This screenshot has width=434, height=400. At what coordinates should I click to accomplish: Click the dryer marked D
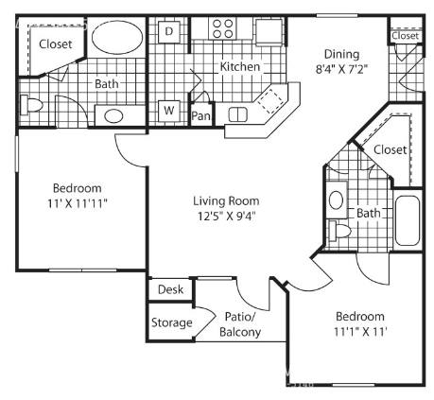[x=169, y=31]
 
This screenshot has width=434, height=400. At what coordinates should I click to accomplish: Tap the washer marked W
[x=169, y=111]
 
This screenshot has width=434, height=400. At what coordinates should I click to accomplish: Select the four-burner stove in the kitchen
[x=222, y=28]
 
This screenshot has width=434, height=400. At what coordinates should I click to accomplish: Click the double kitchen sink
[x=238, y=114]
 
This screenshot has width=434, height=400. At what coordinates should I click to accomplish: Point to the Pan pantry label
[x=200, y=115]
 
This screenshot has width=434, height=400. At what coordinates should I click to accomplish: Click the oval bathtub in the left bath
[x=117, y=37]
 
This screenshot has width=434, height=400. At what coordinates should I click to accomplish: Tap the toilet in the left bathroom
[x=31, y=105]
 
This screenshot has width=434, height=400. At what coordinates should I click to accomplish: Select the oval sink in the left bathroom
[x=113, y=116]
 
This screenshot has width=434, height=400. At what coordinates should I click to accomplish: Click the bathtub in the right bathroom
[x=408, y=220]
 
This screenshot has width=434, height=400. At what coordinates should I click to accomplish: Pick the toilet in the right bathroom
[x=339, y=231]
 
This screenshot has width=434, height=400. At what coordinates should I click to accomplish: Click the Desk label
[x=170, y=289]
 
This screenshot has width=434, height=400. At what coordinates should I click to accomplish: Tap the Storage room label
[x=172, y=322]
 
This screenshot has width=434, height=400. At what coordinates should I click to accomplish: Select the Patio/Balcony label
[x=240, y=324]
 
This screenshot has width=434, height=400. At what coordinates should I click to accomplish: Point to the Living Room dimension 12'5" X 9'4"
[x=226, y=217]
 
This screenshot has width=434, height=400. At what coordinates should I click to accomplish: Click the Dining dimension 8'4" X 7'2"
[x=342, y=69]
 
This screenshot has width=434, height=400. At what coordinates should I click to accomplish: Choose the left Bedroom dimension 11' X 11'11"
[x=78, y=203]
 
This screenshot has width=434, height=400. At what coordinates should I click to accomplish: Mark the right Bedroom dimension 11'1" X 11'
[x=360, y=332]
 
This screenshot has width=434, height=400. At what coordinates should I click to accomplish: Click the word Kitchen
[x=240, y=66]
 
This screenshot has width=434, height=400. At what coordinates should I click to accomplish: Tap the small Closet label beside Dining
[x=406, y=36]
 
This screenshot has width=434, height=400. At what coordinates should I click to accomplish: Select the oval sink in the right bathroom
[x=336, y=200]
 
